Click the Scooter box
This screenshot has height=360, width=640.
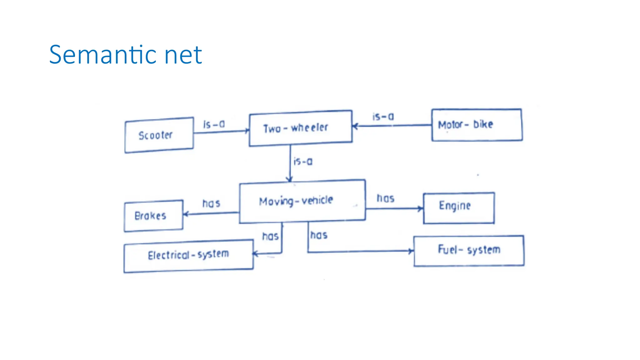[x=159, y=135]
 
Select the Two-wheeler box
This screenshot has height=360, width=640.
[x=300, y=128]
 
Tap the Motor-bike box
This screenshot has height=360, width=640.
[x=477, y=125]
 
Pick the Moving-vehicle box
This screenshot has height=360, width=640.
[x=302, y=201]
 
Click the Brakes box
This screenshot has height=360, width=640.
[x=153, y=216]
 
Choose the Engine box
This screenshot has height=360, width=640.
[x=458, y=208]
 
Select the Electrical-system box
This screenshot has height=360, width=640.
[x=188, y=255]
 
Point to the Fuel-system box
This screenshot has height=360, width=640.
[x=469, y=250]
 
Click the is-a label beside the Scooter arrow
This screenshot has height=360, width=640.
[x=214, y=124]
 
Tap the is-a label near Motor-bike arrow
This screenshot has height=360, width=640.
[x=383, y=117]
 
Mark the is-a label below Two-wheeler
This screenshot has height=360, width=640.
[x=303, y=162]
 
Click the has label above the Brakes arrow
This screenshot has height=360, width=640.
[x=211, y=203]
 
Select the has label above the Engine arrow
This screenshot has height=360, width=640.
[x=385, y=198]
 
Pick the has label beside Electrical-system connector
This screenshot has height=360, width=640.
[x=270, y=236]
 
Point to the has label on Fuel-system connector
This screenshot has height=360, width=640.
[x=319, y=235]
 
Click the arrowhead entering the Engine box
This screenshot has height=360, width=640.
[x=421, y=208]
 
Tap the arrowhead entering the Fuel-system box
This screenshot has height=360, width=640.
[x=411, y=251]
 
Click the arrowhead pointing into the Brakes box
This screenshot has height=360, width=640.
[x=186, y=214]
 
